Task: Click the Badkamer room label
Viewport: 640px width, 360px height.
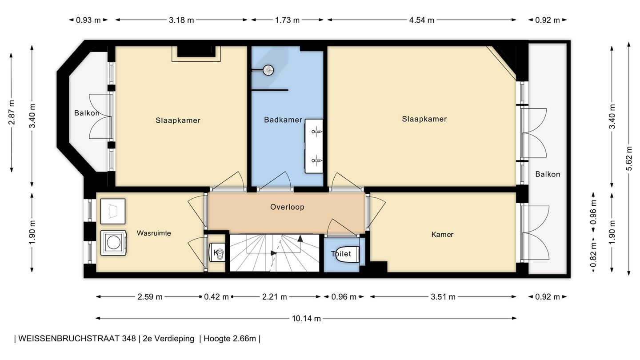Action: [x=283, y=120]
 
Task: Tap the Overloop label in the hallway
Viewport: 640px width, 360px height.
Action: [x=287, y=207]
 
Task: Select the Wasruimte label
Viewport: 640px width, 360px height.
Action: [x=154, y=233]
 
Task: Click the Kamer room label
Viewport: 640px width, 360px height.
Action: [x=442, y=234]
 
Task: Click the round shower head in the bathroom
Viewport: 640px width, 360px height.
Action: [x=268, y=70]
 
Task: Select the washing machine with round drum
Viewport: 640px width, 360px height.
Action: [x=114, y=243]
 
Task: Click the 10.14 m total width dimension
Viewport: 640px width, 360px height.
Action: [x=306, y=318]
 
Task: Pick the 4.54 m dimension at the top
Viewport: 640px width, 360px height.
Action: [x=421, y=20]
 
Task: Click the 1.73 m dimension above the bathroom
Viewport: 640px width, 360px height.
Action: [x=287, y=20]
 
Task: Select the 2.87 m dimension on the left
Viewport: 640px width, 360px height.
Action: [x=12, y=112]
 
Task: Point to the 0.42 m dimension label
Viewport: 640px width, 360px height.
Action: [x=216, y=297]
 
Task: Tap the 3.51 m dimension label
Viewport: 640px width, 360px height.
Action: [x=443, y=297]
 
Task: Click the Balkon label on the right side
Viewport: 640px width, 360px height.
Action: [x=548, y=174]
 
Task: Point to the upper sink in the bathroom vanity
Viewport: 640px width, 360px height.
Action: [x=316, y=131]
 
